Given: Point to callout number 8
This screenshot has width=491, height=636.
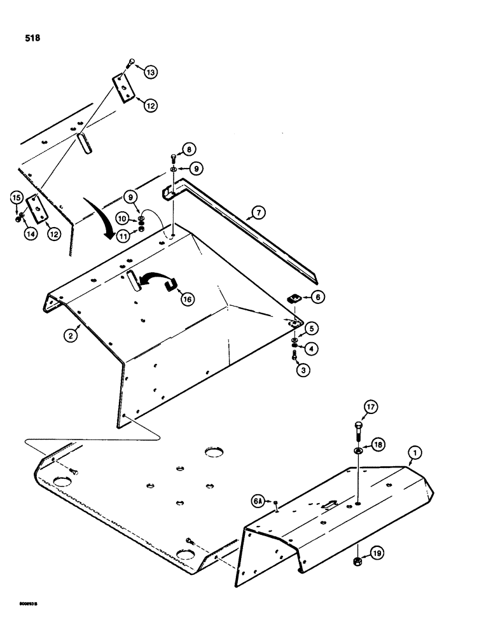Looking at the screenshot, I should (x=188, y=151).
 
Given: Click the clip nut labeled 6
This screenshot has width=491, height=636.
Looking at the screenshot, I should (x=294, y=297).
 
